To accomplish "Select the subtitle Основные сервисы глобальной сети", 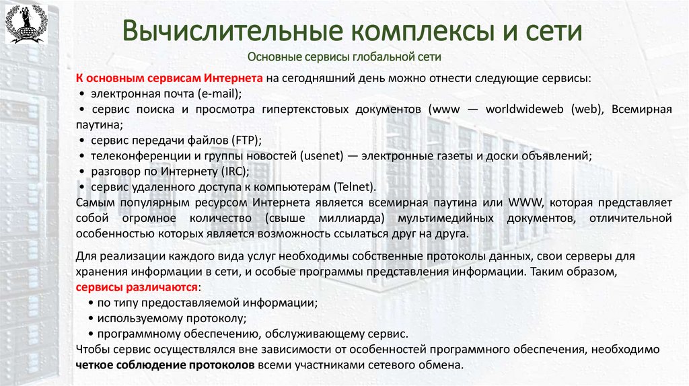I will coord(344,57).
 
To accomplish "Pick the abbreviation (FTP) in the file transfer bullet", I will coord(246,140).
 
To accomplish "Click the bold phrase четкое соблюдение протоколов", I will coord(166,365).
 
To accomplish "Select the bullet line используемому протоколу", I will coord(171,318).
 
